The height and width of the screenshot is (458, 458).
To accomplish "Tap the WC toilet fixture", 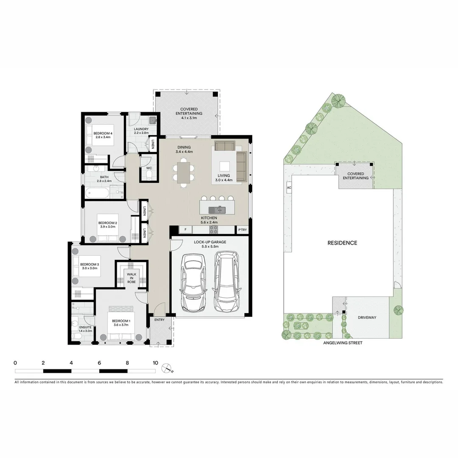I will [148, 176].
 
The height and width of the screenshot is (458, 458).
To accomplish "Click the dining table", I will [184, 173].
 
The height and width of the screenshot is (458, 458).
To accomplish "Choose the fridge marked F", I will [185, 230].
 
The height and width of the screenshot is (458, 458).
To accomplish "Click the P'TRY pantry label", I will [242, 230].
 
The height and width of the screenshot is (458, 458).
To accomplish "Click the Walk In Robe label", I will [131, 278].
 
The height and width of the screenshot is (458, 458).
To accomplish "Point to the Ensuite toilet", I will [76, 336].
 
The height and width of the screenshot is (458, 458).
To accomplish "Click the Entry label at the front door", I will [159, 320].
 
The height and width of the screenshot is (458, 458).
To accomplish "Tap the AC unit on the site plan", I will [289, 187].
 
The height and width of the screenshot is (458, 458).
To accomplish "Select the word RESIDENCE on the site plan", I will [342, 243].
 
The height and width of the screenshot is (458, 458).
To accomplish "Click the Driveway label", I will [367, 317].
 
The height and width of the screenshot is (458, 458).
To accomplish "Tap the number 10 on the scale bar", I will [155, 363].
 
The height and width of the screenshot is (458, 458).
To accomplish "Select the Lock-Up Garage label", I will [210, 242].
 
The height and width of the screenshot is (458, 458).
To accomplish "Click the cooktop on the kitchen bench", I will [214, 230].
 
